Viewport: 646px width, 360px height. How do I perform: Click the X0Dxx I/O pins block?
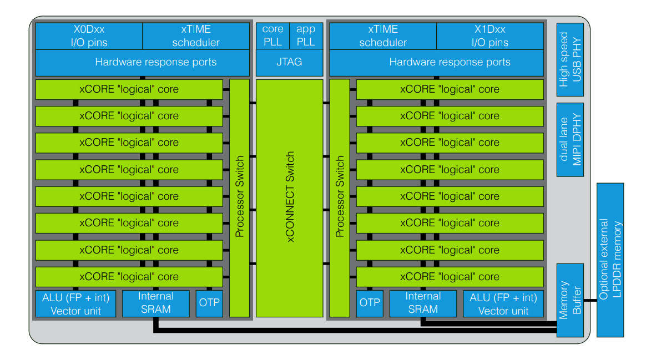tap(89, 36)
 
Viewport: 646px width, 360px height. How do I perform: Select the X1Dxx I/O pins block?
tap(490, 36)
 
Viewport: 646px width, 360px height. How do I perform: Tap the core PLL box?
tap(272, 36)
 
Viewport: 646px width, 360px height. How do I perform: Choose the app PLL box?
tap(306, 36)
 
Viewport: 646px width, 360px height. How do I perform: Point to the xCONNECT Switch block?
tap(289, 198)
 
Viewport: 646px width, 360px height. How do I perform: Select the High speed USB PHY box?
tap(570, 59)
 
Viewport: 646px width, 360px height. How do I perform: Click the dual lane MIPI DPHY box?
tap(570, 140)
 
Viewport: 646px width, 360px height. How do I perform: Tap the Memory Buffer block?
tap(570, 300)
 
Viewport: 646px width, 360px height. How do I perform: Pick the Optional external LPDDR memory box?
tap(610, 260)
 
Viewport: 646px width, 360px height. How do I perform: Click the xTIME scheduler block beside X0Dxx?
tap(196, 36)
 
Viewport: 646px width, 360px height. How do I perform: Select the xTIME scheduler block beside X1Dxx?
tap(383, 36)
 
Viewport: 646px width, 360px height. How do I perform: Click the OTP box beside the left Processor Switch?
tap(209, 303)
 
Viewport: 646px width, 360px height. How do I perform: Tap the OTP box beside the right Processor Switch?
tap(370, 303)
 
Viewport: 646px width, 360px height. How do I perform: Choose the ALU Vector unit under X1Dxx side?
tap(503, 303)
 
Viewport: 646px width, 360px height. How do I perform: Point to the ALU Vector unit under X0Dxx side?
tap(76, 303)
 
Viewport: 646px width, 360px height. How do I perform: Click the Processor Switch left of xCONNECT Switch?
tap(239, 198)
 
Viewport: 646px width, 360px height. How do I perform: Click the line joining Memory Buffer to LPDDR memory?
tap(591, 300)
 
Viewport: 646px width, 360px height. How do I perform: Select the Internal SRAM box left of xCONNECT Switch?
tap(156, 303)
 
